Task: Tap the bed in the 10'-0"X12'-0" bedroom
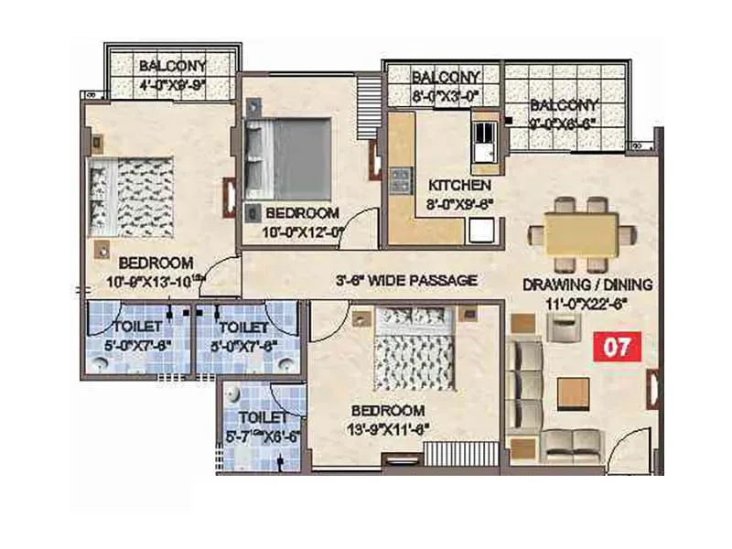(287, 156)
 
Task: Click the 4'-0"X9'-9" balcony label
(173, 83)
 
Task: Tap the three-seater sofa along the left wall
(525, 382)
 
